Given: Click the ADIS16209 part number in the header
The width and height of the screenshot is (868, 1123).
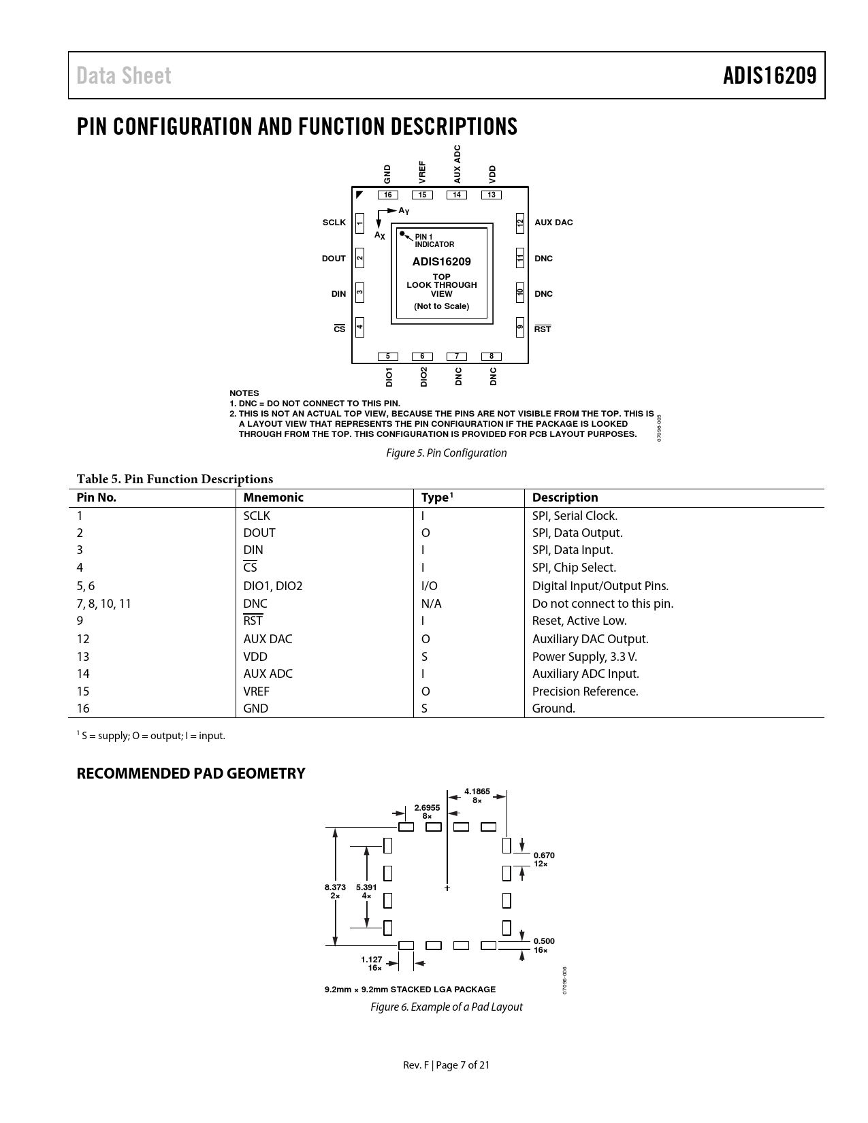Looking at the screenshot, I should pos(769,76).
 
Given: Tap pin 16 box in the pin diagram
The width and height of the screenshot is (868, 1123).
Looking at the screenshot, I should pos(387,195).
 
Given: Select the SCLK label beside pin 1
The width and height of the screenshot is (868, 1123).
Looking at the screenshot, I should pos(334,223).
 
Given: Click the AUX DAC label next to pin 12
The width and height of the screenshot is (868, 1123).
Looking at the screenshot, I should pos(553,223).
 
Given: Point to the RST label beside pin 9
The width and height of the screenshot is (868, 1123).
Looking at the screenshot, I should pos(543,329).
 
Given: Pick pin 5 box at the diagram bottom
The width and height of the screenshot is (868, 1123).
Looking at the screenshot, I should pos(387,357).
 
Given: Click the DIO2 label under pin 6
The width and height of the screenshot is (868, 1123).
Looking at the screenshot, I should pos(423,376).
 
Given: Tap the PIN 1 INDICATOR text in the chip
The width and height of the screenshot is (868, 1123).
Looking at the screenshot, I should pos(434,241).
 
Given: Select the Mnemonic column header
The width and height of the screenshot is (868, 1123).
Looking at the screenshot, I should pos(273,498).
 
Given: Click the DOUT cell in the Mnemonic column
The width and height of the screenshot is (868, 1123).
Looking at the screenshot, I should pos(259,533).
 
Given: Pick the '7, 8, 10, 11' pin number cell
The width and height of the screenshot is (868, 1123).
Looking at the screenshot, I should pos(103,604).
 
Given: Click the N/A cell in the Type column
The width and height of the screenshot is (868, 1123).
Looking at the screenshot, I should pos(432,604).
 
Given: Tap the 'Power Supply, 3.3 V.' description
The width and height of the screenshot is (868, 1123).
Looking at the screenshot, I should pos(584,657).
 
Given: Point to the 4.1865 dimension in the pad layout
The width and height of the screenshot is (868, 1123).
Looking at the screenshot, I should pos(477,791).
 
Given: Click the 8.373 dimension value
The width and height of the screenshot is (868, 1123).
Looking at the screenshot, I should pos(335,888).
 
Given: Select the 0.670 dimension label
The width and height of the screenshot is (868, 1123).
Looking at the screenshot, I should pos(544,856).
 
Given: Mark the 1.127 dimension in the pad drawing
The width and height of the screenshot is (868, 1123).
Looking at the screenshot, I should pos(372,959).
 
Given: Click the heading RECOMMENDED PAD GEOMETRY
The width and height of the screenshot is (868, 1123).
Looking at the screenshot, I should pos(191,774).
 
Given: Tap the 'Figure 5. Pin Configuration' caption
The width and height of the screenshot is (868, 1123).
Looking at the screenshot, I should pos(447,453).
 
